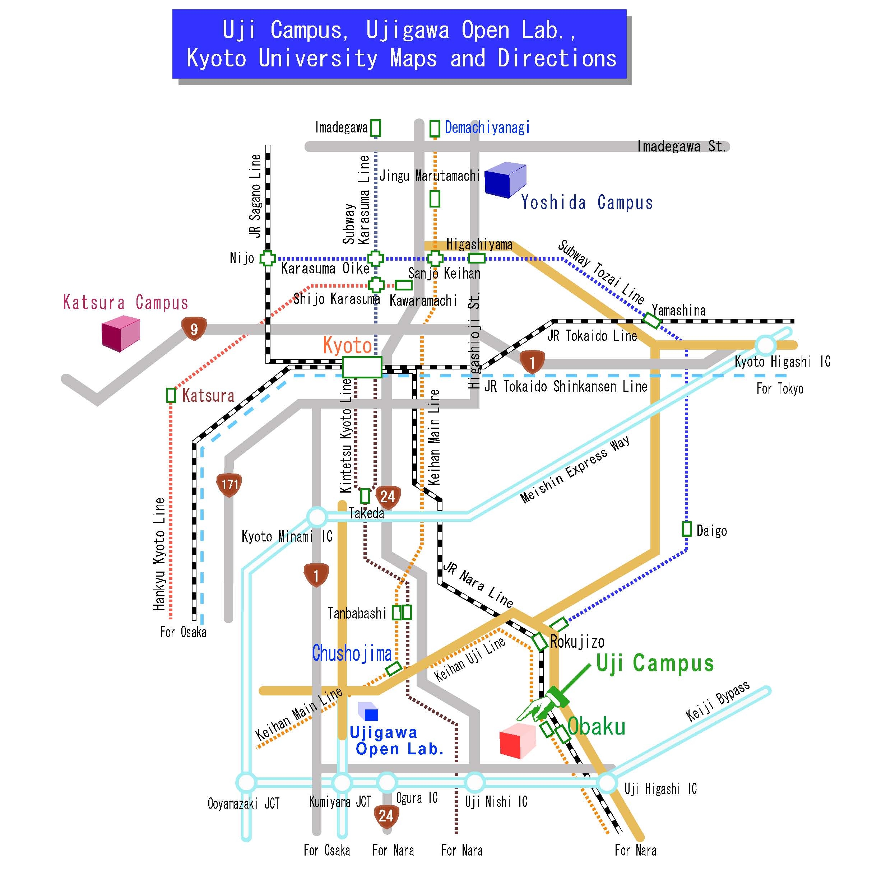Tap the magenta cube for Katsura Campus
[x=121, y=333]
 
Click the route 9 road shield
[x=194, y=328]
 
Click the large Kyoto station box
[x=362, y=367]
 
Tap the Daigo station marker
[x=686, y=529]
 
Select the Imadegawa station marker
[x=375, y=127]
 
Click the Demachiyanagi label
[x=487, y=127]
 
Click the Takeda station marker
[x=365, y=496]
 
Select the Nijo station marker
[x=268, y=258]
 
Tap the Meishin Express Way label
[x=575, y=469]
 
